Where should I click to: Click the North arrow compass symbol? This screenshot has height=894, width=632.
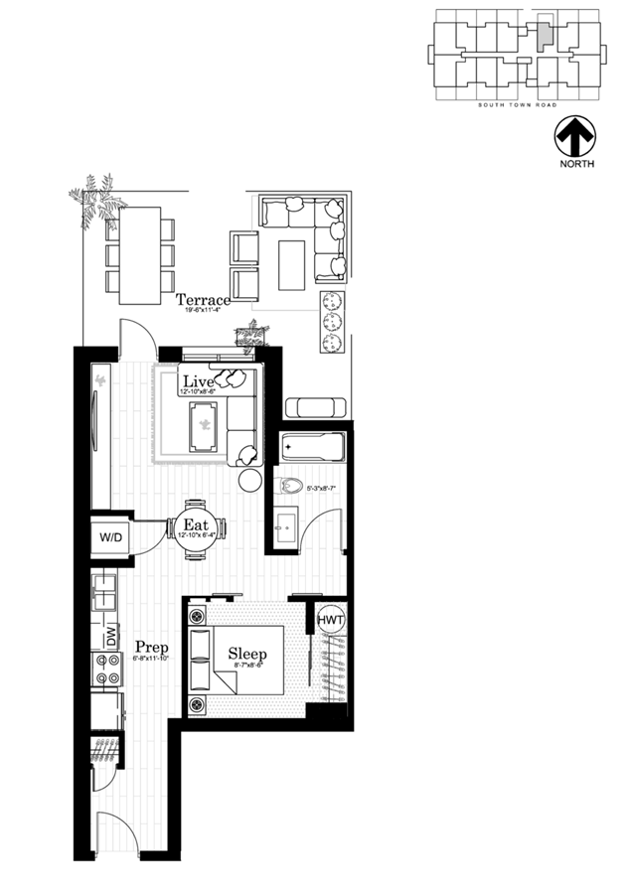coord(574,135)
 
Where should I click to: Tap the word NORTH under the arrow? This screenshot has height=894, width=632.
coord(576,164)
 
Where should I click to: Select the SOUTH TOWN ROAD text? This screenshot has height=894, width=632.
coord(516,104)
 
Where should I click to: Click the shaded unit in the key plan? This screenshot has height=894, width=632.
coord(542,36)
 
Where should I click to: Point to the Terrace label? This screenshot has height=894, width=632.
coord(204,299)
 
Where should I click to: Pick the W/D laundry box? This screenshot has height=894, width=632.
coord(110,537)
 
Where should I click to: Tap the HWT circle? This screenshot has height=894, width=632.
coord(331,620)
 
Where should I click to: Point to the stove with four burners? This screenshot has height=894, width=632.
coord(105,670)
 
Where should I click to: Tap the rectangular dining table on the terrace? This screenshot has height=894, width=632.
coord(140,255)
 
